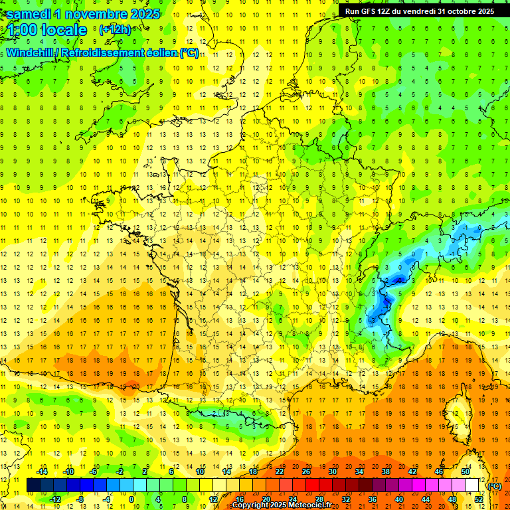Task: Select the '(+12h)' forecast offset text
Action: [x=115, y=30]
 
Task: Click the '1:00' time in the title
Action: [x=20, y=31]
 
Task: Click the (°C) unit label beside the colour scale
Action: [x=494, y=485]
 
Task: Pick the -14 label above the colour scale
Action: [x=42, y=471]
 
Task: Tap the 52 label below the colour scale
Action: [x=479, y=499]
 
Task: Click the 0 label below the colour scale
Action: [x=131, y=499]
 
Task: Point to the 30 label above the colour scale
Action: [x=331, y=471]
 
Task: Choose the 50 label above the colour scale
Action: [x=465, y=471]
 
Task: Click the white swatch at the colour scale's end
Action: [x=472, y=485]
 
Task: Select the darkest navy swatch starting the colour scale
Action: [x=33, y=485]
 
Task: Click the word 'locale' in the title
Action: [x=64, y=31]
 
